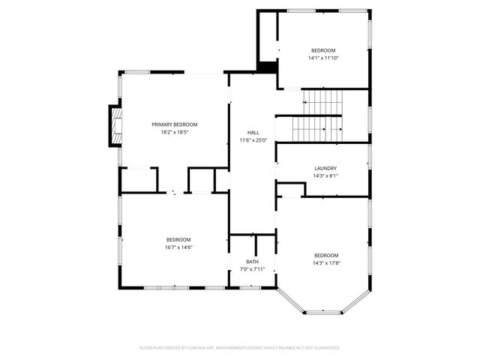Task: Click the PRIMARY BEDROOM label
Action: coord(174,124)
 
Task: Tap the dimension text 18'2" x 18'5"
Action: coord(174,132)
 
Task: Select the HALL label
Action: coord(253,132)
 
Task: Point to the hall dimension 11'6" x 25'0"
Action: coord(253,139)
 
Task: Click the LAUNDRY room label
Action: coord(325,169)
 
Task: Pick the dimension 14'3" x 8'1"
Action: coord(325,176)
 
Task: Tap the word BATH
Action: coord(253,261)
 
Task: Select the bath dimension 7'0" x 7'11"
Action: coord(253,268)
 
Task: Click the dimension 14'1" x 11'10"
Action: coord(324,58)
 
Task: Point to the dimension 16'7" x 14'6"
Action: coord(178,247)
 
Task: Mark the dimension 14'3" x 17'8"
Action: coord(326,262)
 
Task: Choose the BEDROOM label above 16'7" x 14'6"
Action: coord(178,240)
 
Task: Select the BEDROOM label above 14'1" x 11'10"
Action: coord(324,50)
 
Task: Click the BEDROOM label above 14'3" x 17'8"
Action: coord(326,255)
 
